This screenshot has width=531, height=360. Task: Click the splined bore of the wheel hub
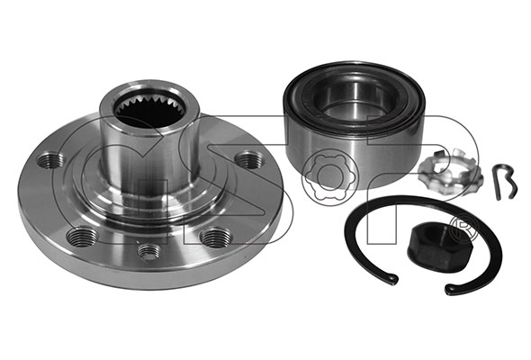pos(149,110)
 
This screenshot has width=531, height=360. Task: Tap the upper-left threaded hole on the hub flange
pos(51,160)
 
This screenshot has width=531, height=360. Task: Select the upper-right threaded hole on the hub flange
pos(249,160)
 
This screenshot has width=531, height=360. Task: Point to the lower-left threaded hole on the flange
pos(80,237)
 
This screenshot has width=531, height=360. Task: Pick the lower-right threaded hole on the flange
pos(214,237)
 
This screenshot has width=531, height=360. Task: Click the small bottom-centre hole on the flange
pos(148,253)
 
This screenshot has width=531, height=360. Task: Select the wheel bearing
pos(354,122)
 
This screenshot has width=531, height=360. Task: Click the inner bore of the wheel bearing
pos(355,97)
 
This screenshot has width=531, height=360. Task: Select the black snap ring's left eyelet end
pos(391,277)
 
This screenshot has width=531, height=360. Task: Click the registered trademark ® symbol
pos(463,228)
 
